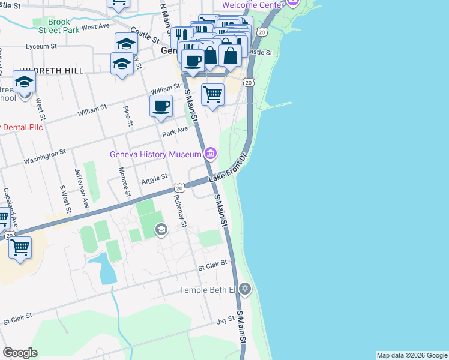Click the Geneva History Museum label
click(x=155, y=154)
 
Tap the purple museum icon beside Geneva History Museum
click(x=209, y=154)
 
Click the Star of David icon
click(x=244, y=290)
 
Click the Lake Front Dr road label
click(x=229, y=170)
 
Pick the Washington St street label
click(x=44, y=158)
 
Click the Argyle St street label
click(x=154, y=179)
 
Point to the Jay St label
click(x=225, y=321)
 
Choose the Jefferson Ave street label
click(x=82, y=188)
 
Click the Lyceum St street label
click(x=41, y=46)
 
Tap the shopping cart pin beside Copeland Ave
click(x=20, y=247)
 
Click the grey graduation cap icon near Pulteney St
click(x=161, y=229)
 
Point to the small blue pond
click(x=106, y=268)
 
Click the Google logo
click(x=20, y=353)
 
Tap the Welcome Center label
click(x=252, y=5)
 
